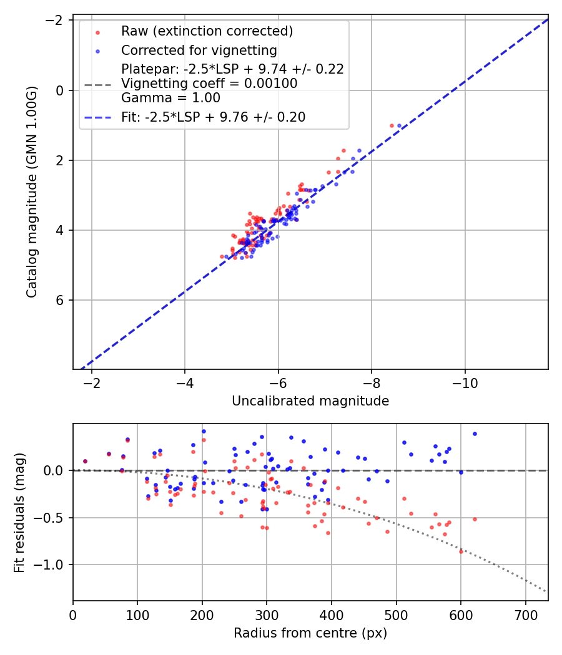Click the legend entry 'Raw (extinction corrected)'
pos(207,31)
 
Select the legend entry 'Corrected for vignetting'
pos(199,50)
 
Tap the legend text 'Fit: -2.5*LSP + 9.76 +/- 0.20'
pos(213,117)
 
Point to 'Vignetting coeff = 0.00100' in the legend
pos(209,84)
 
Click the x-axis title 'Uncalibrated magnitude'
pos(310,401)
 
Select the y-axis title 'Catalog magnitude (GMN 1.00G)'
pos(32,192)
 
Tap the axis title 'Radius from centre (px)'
pos(310,633)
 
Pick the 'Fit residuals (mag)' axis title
pos(19,512)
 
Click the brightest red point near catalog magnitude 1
pos(392,125)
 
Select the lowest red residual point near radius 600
pos(461,551)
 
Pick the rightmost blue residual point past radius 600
pos(475,434)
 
